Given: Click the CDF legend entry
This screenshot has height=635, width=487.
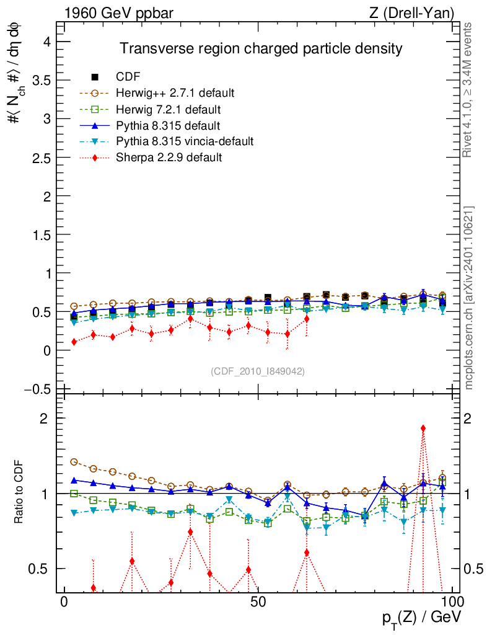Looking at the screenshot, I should (128, 77).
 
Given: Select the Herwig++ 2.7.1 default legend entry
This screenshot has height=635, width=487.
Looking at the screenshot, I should (175, 93).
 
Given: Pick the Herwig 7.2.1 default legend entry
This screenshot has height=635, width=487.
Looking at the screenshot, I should (169, 109).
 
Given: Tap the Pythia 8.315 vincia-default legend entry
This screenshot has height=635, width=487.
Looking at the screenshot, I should (185, 141).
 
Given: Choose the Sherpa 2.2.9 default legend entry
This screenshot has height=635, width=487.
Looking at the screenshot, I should (169, 158).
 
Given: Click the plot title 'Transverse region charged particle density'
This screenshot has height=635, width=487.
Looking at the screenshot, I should (261, 48).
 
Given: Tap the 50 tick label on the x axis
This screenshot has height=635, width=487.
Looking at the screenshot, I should (259, 603).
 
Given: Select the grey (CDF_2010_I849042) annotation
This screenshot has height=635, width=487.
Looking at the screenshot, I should (258, 371).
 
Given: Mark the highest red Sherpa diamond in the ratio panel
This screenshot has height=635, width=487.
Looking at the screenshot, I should (423, 428).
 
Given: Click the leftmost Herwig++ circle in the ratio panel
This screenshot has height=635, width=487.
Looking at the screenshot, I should (74, 462).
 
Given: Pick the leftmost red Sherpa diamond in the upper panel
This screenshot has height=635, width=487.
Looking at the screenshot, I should (74, 342).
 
